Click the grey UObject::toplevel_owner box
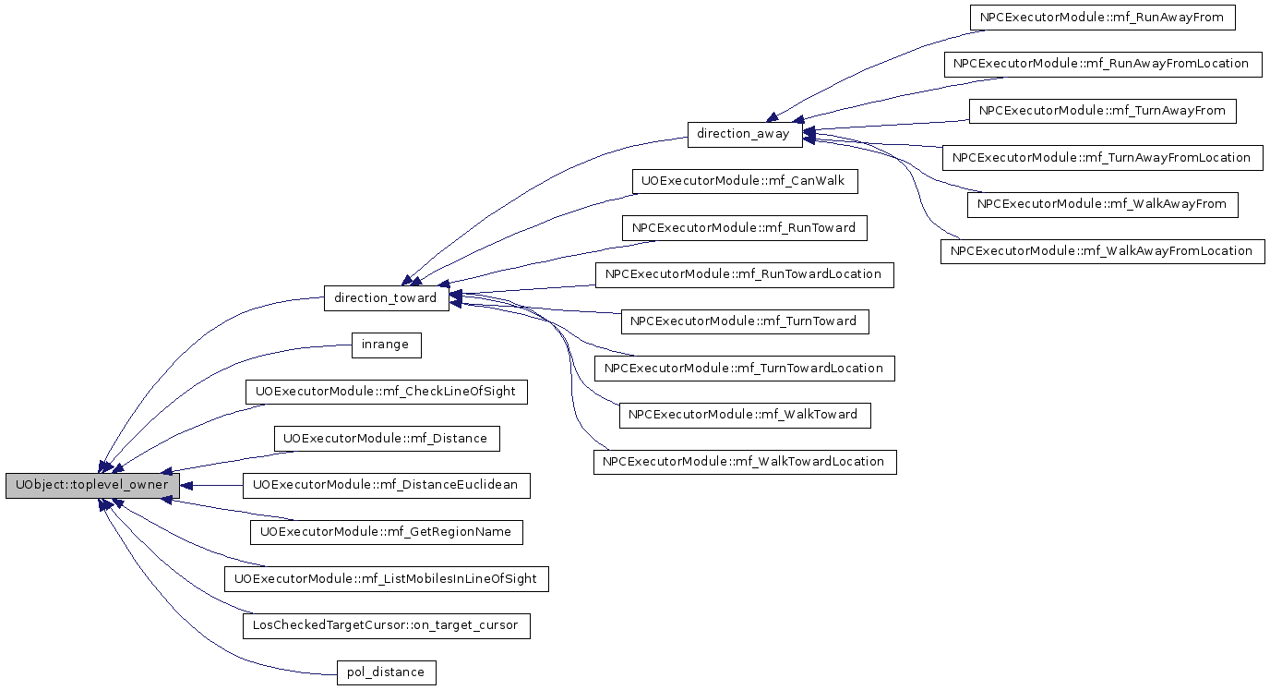click(x=92, y=486)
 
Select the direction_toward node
click(x=386, y=298)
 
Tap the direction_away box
click(x=745, y=135)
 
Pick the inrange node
click(x=386, y=345)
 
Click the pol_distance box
click(x=386, y=672)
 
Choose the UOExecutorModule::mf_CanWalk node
click(x=745, y=181)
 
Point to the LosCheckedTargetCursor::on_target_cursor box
click(x=386, y=626)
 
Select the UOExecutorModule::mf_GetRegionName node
click(x=386, y=532)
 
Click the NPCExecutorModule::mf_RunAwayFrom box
click(x=1102, y=18)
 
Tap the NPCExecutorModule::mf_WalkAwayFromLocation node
click(x=1102, y=251)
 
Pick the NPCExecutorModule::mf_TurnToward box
click(x=745, y=321)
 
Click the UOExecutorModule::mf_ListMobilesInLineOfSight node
click(x=386, y=579)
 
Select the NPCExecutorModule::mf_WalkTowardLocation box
click(x=745, y=462)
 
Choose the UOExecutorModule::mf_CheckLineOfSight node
click(x=386, y=392)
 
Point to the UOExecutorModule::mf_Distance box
click(x=387, y=439)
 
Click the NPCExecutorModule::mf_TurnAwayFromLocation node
click(x=1102, y=158)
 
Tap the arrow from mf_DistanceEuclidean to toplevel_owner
click(x=211, y=486)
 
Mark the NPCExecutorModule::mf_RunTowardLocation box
click(x=745, y=275)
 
